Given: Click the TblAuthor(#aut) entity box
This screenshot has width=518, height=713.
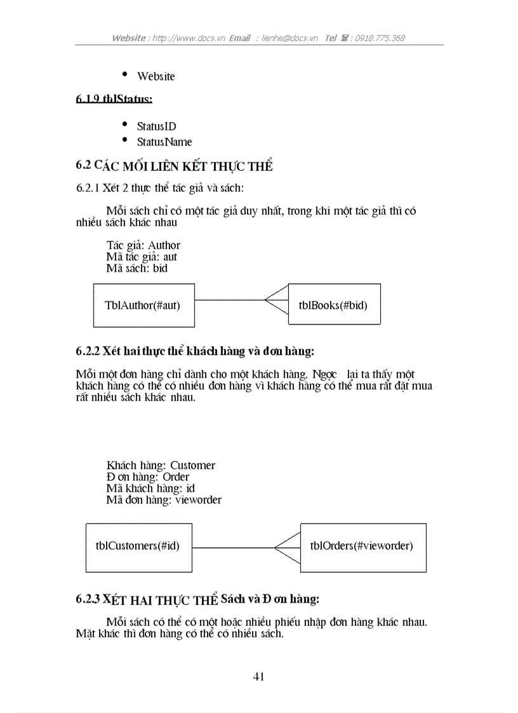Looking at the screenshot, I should point(143,305).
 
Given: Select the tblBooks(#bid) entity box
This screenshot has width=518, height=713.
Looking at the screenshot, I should point(334,305).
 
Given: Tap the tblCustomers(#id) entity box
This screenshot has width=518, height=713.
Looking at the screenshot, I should point(138,546).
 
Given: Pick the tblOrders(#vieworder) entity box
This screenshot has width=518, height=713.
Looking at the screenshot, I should point(362,546).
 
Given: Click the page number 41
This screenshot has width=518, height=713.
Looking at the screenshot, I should point(258,676).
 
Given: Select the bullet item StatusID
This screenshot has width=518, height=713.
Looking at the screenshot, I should point(156,127).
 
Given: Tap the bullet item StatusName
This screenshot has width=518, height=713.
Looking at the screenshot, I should point(164,142).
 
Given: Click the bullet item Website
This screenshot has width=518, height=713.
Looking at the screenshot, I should point(156,76).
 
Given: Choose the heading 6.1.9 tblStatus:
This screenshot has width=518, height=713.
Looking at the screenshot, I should point(114,99).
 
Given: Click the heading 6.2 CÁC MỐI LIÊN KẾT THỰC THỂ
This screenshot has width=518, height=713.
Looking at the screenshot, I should point(174,166).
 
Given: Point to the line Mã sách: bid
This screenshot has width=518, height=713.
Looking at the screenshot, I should point(137,269).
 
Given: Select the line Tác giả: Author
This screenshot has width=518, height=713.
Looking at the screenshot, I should point(143,245).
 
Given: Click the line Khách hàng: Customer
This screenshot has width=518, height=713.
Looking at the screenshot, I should point(161,465).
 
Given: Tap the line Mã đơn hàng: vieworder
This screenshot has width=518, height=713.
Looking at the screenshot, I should point(164,500).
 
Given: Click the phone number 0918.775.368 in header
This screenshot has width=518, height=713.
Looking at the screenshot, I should point(380,38).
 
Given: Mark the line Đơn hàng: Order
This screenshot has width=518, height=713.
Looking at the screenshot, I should point(148,477).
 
